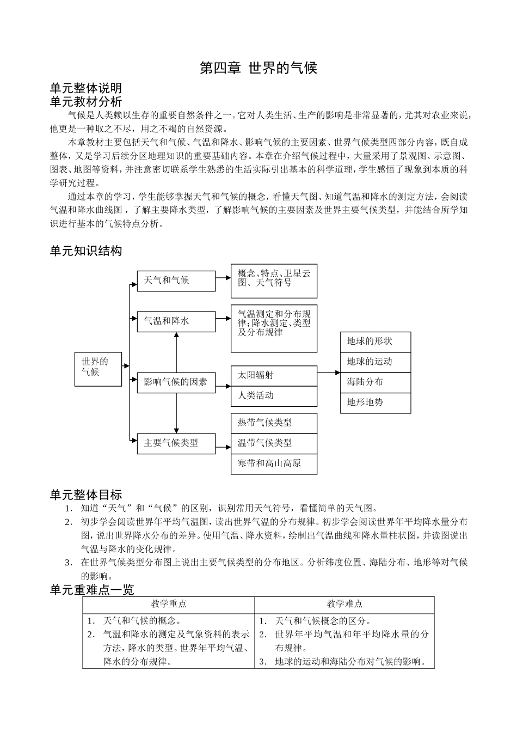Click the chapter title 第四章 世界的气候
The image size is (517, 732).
258,69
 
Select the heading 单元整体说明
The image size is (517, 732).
85,88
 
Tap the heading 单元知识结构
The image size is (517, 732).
85,251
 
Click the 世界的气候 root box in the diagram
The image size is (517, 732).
98,369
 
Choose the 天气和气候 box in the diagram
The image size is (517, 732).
176,280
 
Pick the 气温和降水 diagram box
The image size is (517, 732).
176,321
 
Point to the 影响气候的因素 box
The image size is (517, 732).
176,382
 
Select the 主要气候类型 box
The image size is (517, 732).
176,443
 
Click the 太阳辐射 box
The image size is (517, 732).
274,376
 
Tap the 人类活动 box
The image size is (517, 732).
274,396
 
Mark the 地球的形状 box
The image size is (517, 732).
376,342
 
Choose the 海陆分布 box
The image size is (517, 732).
376,382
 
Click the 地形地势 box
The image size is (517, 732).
376,403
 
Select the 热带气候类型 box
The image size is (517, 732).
274,423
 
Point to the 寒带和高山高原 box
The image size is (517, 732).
274,463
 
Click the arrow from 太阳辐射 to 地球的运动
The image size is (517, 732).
329,373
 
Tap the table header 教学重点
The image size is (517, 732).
169,604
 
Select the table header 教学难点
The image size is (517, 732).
344,604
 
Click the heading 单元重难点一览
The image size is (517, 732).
91,589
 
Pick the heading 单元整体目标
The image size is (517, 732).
85,495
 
